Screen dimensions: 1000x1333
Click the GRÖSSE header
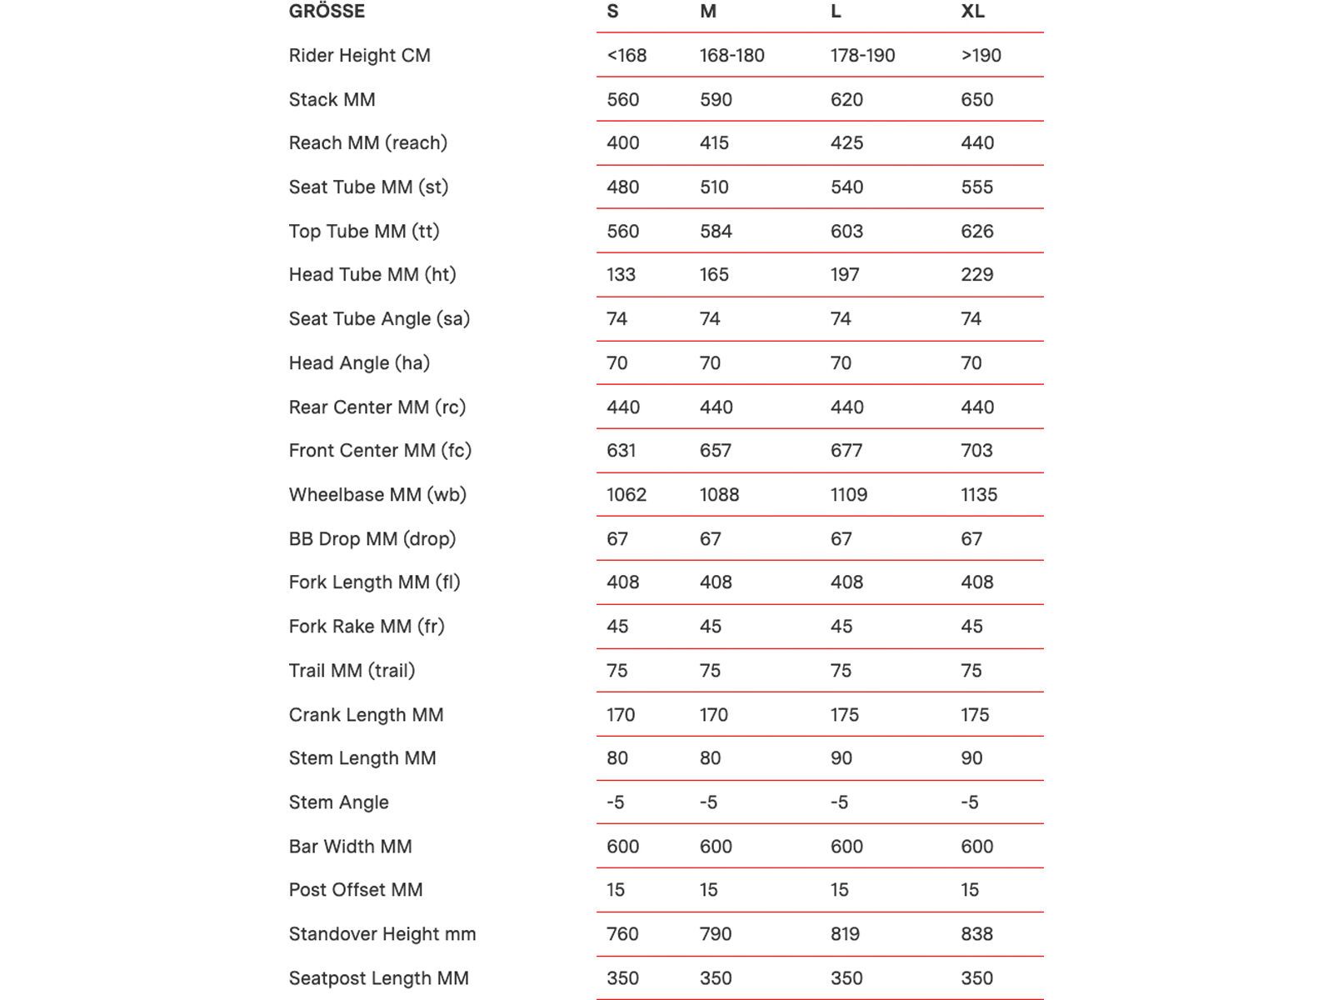(327, 12)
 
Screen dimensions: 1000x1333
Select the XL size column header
(972, 12)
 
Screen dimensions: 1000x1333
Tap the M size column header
(708, 12)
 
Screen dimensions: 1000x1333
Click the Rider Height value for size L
(862, 56)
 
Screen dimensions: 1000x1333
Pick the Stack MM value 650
(976, 100)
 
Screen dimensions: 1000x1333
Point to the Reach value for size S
(622, 143)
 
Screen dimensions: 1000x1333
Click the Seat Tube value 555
(976, 187)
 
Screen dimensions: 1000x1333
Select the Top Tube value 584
(716, 232)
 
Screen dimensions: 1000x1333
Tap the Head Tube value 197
(845, 275)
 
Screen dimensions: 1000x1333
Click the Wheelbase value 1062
(626, 495)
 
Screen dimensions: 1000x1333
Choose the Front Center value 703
(976, 451)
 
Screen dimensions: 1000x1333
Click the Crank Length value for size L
(845, 715)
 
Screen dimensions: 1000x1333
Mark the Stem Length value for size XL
(971, 758)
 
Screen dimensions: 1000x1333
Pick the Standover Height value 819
(845, 934)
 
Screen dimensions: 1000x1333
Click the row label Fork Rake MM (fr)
(367, 627)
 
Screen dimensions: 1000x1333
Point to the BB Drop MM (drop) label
(372, 539)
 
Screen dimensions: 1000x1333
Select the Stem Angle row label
(338, 802)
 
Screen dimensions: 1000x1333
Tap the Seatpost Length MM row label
(378, 978)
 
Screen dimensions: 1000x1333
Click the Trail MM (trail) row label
(352, 671)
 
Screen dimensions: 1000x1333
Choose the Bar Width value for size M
(716, 847)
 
